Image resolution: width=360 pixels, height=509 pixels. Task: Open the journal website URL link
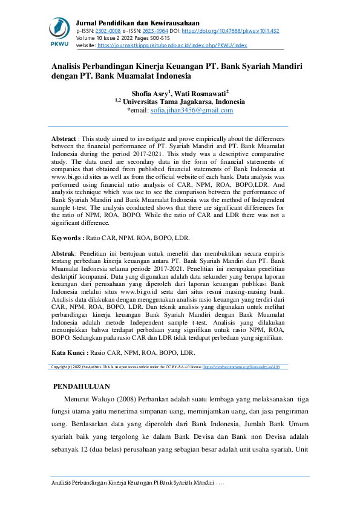click(x=172, y=45)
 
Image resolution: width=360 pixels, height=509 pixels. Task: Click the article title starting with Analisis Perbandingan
click(x=177, y=71)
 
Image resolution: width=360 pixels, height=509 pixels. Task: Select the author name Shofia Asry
click(x=151, y=94)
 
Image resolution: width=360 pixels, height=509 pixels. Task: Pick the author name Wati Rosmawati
click(x=200, y=94)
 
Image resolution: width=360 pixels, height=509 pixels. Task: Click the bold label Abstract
click(x=64, y=138)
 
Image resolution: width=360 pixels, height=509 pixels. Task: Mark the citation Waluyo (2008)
click(x=115, y=399)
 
